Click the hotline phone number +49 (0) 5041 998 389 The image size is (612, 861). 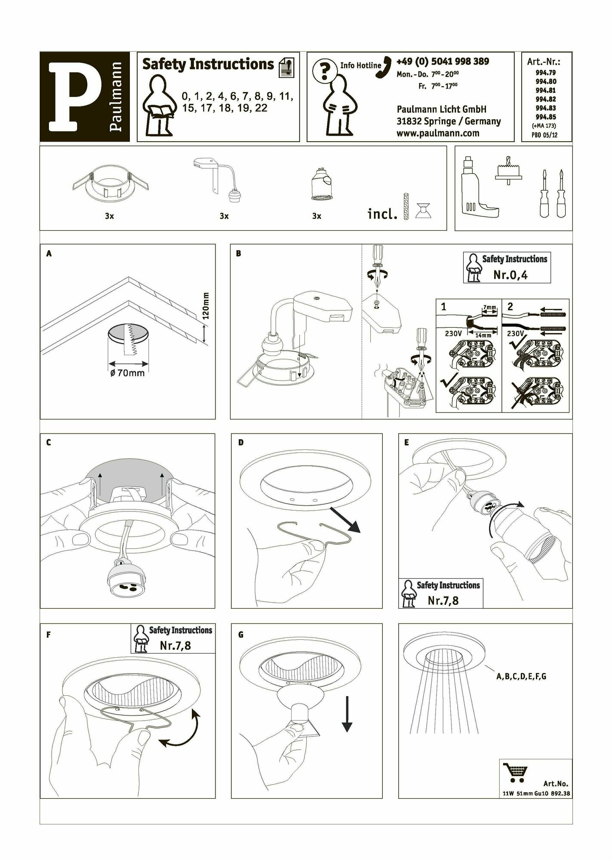pos(442,62)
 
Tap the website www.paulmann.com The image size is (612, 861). pos(437,133)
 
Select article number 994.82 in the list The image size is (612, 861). pos(545,99)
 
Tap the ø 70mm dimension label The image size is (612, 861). pos(127,373)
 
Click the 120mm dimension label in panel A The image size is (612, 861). pos(206,306)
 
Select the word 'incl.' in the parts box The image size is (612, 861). pos(382,214)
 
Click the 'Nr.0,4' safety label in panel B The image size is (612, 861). pos(510,275)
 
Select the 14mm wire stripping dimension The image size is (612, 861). pos(483,335)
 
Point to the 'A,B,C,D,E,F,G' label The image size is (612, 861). pos(521,676)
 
